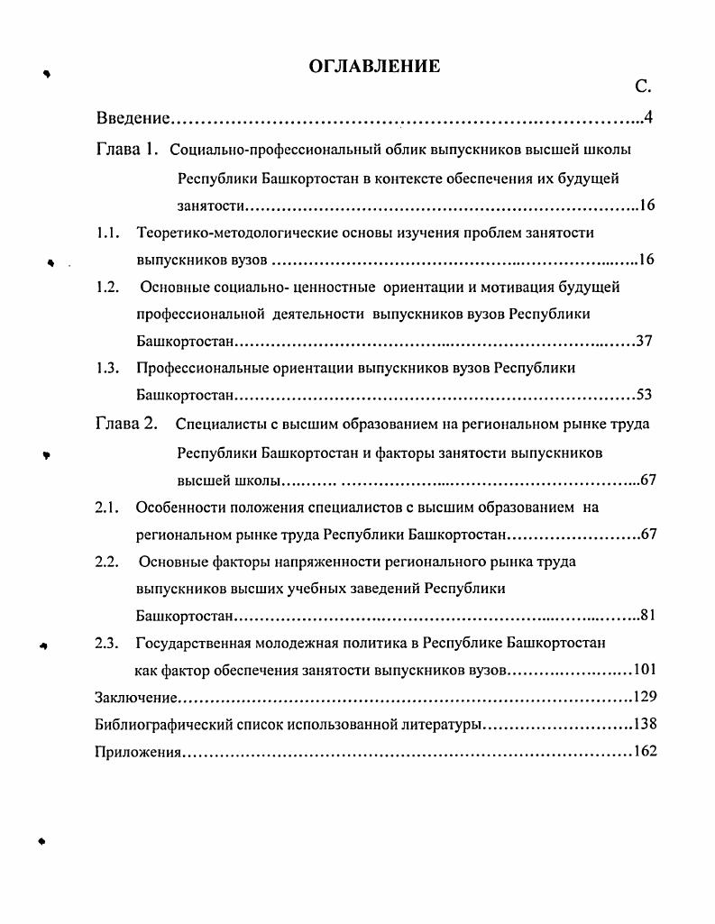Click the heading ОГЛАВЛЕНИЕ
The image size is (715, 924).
(374, 66)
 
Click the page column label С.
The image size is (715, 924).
(642, 87)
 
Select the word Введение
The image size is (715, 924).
(133, 119)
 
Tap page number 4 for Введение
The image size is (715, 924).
(647, 119)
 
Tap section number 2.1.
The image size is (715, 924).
(108, 508)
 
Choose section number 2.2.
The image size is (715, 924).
(108, 562)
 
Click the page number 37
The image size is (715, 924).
(643, 342)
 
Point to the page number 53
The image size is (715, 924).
(643, 395)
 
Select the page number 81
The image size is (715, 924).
(646, 617)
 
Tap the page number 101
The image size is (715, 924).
(645, 670)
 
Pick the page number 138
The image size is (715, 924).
(645, 724)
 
